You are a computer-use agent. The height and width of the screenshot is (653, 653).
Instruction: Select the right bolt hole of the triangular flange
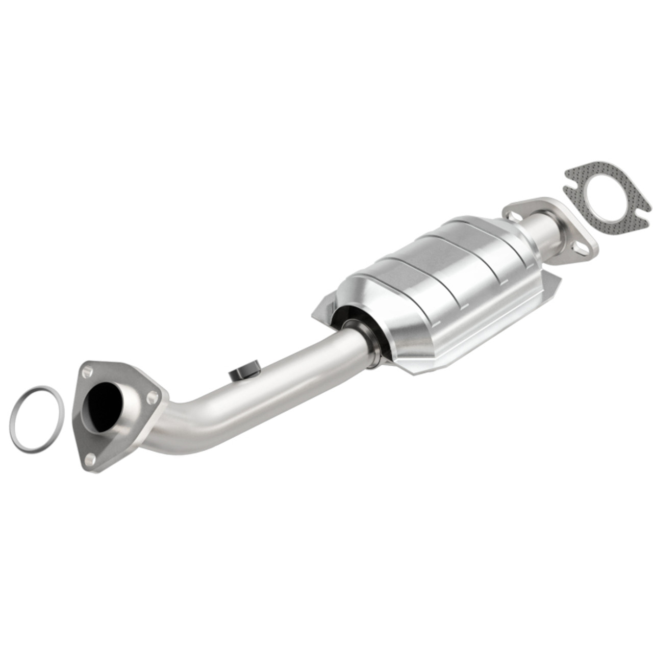pyautogui.click(x=152, y=396)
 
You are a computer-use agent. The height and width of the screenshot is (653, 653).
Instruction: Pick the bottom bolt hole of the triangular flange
pyautogui.click(x=90, y=459)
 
